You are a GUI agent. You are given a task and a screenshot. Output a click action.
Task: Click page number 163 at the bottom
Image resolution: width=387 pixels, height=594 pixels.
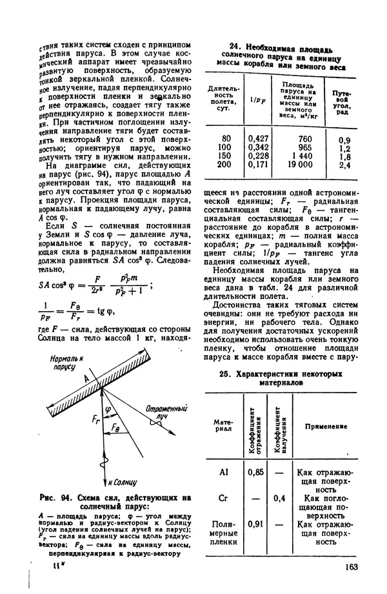[351, 568]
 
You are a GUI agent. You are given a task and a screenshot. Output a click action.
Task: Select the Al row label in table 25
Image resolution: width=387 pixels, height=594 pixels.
[224, 473]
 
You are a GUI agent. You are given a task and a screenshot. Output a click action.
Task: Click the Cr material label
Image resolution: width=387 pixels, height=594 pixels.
[224, 498]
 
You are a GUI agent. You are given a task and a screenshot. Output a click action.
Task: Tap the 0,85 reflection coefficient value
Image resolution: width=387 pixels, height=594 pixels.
[256, 473]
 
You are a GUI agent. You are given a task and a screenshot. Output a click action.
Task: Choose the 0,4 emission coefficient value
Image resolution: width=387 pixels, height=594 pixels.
[279, 498]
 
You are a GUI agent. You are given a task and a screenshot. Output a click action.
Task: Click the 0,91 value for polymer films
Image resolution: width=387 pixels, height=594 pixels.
[256, 524]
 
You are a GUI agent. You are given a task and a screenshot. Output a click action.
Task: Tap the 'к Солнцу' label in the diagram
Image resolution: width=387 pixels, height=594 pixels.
[121, 482]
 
